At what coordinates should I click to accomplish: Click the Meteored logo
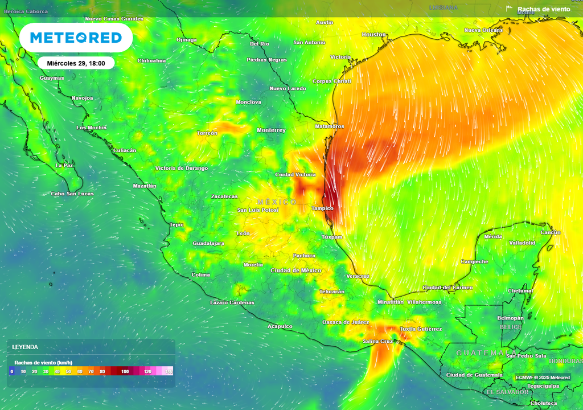pyautogui.click(x=76, y=38)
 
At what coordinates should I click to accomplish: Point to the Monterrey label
pyautogui.click(x=271, y=130)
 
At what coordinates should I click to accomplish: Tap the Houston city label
pyautogui.click(x=374, y=35)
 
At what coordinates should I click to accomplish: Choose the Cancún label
pyautogui.click(x=551, y=232)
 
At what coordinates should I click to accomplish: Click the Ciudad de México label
pyautogui.click(x=296, y=270)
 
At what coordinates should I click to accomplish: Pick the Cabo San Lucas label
pyautogui.click(x=72, y=194)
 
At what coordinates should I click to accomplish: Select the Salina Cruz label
pyautogui.click(x=377, y=341)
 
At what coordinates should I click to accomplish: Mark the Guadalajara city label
pyautogui.click(x=208, y=243)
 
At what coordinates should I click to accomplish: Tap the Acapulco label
pyautogui.click(x=280, y=326)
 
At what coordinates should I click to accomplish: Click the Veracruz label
pyautogui.click(x=358, y=276)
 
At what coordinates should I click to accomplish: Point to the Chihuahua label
pyautogui.click(x=152, y=60)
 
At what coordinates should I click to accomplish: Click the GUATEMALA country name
pyautogui.click(x=478, y=353)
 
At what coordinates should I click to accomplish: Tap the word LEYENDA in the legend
pyautogui.click(x=25, y=347)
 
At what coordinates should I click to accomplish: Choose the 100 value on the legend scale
pyautogui.click(x=125, y=371)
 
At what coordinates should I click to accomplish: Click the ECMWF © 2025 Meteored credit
pyautogui.click(x=543, y=377)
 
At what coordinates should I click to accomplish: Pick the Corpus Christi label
pyautogui.click(x=332, y=81)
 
